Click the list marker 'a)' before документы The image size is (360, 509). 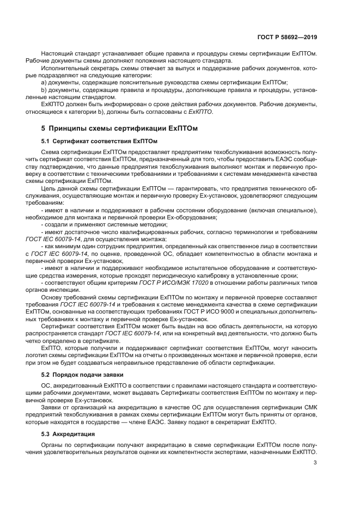tap(44, 82)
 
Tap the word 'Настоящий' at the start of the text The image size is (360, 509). tap(56, 54)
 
